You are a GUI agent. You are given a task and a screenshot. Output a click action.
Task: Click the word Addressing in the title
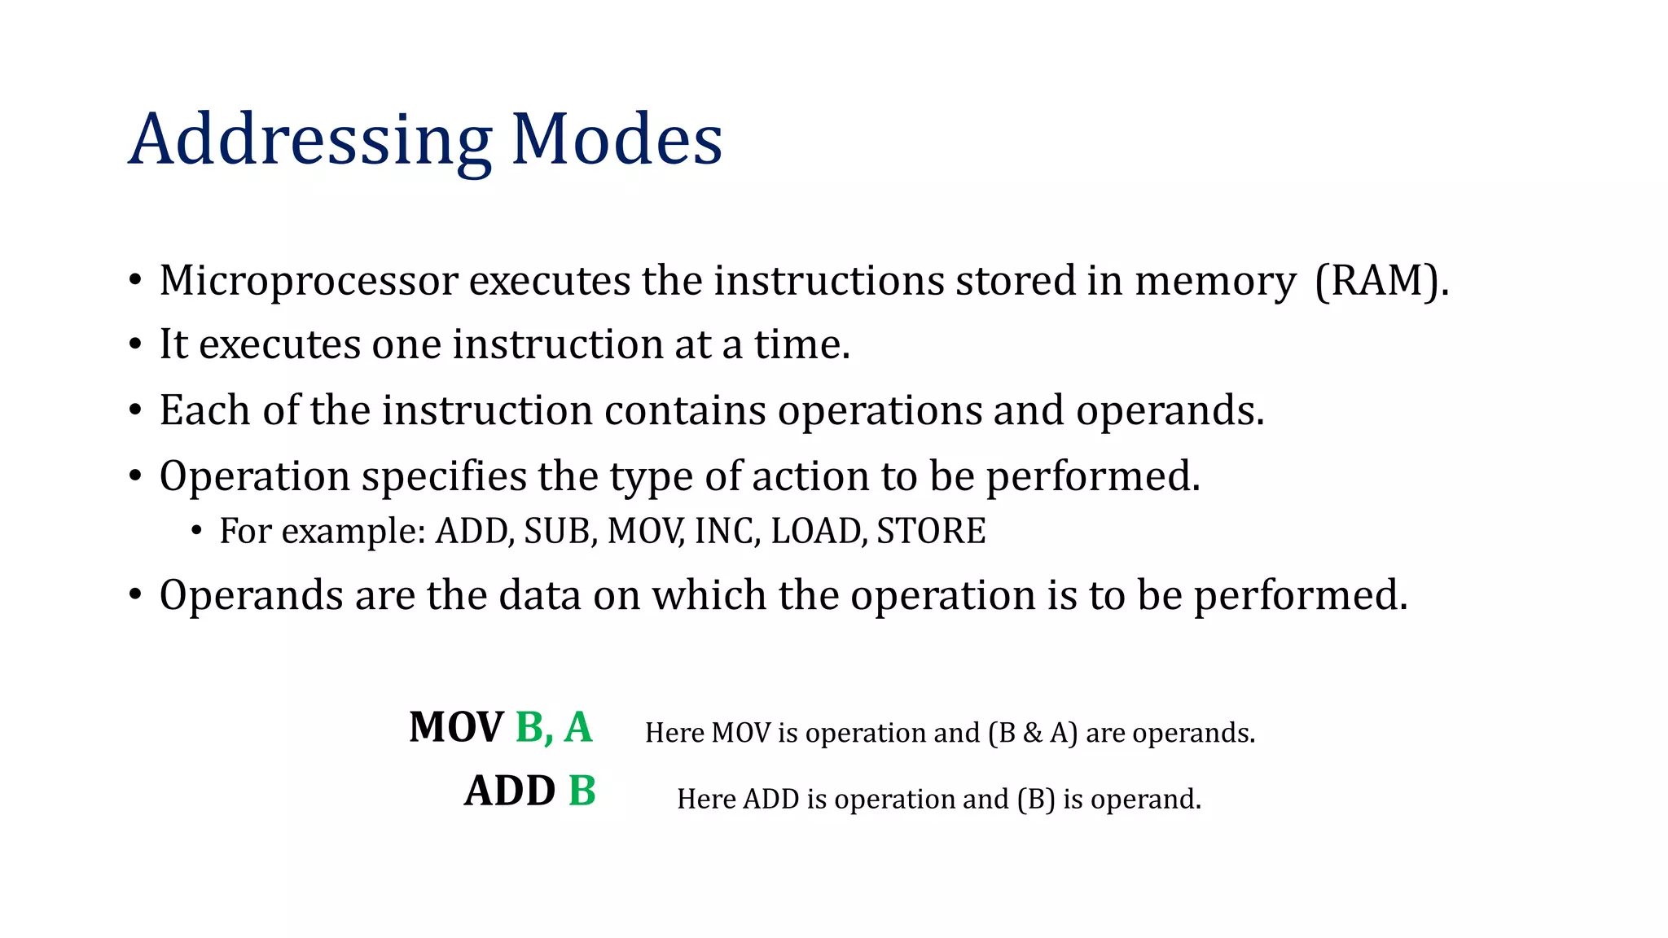coord(309,140)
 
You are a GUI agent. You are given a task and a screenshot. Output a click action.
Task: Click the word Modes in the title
coord(617,140)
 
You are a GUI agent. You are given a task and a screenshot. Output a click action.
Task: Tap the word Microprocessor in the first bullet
coord(309,282)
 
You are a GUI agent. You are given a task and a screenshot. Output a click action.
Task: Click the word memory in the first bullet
coord(1214,282)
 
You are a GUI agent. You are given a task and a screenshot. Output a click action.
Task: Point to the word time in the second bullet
coord(801,344)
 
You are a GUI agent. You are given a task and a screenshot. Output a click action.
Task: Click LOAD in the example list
coord(818,532)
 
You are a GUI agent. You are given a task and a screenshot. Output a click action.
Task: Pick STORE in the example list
coord(931,532)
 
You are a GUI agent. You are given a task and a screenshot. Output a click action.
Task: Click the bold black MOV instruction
coord(456,727)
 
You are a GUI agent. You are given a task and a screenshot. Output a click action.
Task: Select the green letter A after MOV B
coord(578,727)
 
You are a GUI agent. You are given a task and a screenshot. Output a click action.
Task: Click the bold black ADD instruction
coord(510,791)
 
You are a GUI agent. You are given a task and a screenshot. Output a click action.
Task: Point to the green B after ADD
coord(582,791)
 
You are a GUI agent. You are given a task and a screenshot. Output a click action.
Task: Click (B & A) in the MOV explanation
coord(1032,733)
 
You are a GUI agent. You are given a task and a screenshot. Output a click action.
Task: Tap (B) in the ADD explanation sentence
coord(1036,800)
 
